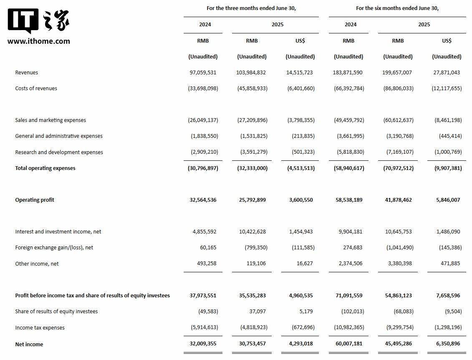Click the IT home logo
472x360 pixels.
(38, 21)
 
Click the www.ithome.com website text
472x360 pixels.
(39, 41)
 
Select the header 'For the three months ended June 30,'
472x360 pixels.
(251, 8)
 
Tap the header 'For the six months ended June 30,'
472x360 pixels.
(397, 8)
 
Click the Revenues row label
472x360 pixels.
(26, 72)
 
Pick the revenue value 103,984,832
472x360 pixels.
(251, 72)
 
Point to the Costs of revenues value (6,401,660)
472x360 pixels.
(300, 88)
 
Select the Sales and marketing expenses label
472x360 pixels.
(50, 120)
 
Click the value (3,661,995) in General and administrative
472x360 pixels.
(350, 136)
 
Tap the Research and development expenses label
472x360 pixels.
(59, 152)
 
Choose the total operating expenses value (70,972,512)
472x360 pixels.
(398, 168)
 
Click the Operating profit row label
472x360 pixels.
(35, 200)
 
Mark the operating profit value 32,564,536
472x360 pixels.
(203, 200)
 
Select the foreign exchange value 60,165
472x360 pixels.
(208, 247)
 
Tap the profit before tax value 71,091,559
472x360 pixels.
(348, 295)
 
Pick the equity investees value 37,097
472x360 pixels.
(257, 311)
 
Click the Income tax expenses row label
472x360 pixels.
(40, 327)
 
